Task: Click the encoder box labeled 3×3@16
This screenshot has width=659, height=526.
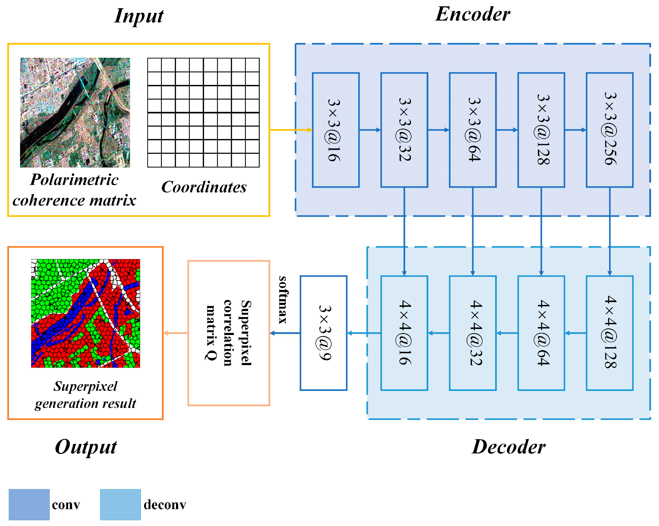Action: coord(335,130)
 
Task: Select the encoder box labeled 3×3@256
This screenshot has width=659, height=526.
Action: coord(609,130)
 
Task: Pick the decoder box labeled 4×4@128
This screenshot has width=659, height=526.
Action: coord(609,333)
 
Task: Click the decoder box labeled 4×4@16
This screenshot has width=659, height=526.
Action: coord(404,333)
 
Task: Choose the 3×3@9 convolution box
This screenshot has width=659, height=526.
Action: coord(323,333)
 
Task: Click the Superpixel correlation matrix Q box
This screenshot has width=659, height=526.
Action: coord(229,333)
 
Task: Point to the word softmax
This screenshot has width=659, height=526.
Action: coord(283,300)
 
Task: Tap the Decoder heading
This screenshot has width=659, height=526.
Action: coord(508,447)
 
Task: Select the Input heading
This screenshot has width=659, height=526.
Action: coord(139,16)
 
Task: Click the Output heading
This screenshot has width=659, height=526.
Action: coord(86,447)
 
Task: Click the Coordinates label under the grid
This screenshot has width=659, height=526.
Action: coord(204,187)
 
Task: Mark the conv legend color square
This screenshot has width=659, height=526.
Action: coord(29,505)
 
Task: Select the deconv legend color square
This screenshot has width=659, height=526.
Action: coord(120,505)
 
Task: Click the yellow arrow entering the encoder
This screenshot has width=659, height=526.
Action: coord(290,130)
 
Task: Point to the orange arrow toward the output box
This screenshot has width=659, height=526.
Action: coord(176,333)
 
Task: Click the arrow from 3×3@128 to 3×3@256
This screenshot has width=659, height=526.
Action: coord(575,130)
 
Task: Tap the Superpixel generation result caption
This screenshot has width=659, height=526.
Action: coord(85,395)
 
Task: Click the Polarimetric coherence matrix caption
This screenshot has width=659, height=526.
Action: coord(74,190)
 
